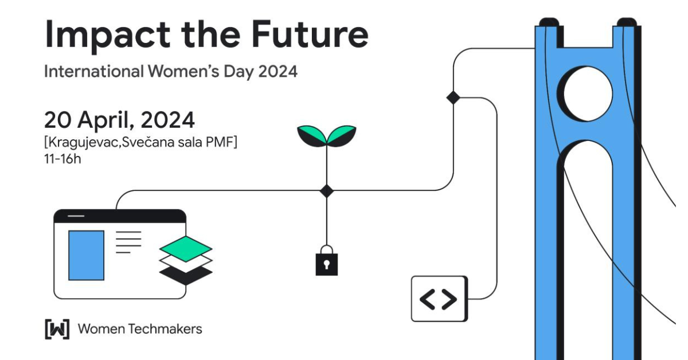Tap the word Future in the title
tap(310, 34)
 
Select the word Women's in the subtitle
tap(183, 71)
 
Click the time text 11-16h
tap(62, 159)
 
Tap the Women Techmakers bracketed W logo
tap(57, 329)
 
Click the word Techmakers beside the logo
tap(165, 329)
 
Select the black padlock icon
tap(326, 260)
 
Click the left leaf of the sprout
tap(311, 136)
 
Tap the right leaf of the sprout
tap(342, 136)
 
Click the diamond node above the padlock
tap(326, 191)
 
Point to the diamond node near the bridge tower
tap(454, 97)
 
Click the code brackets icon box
tap(440, 299)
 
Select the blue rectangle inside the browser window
tap(87, 256)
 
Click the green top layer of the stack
tap(186, 249)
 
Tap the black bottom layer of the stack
tap(186, 275)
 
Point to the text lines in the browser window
tap(128, 242)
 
